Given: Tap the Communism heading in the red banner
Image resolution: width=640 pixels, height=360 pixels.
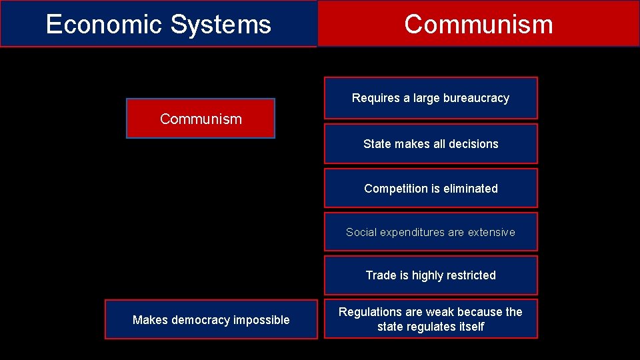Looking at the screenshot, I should click(x=478, y=24).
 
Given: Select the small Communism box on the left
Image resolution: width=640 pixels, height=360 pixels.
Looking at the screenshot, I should click(x=201, y=119).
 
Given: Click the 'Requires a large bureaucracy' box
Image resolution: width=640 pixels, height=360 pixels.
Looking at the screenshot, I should click(x=431, y=98).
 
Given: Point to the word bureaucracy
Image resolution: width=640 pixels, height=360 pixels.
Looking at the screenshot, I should click(x=476, y=98).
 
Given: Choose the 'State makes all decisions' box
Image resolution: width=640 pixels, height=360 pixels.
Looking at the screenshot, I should click(x=431, y=143).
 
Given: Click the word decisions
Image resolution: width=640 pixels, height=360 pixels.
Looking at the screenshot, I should click(x=473, y=143).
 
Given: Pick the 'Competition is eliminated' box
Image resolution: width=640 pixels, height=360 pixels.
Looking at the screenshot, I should click(x=431, y=188).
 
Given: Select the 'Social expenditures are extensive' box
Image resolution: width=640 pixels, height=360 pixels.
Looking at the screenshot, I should click(x=431, y=232).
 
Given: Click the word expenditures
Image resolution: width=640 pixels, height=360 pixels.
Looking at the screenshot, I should click(x=411, y=232).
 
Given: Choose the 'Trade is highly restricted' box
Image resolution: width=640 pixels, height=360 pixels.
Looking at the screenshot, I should click(x=431, y=275).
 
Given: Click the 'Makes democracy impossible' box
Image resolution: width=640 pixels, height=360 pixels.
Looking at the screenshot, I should click(x=211, y=320).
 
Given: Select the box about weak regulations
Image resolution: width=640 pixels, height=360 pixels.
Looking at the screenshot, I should click(x=431, y=319).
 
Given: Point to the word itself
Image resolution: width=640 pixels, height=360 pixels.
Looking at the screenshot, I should click(x=469, y=327).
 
